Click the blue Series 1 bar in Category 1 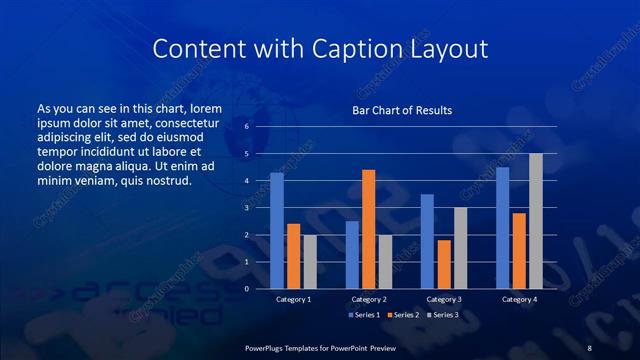tap(277, 231)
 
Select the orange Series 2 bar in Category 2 tap(369, 229)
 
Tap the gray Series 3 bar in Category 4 tap(535, 221)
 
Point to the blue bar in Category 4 tap(502, 228)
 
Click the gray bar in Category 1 tap(310, 262)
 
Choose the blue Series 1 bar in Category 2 tap(352, 255)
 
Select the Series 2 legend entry tap(403, 315)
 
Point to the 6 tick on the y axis tap(246, 127)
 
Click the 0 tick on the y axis tap(246, 289)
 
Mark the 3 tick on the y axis tap(246, 208)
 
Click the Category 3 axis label tap(443, 299)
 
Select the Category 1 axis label tap(293, 299)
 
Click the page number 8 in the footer tap(589, 347)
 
